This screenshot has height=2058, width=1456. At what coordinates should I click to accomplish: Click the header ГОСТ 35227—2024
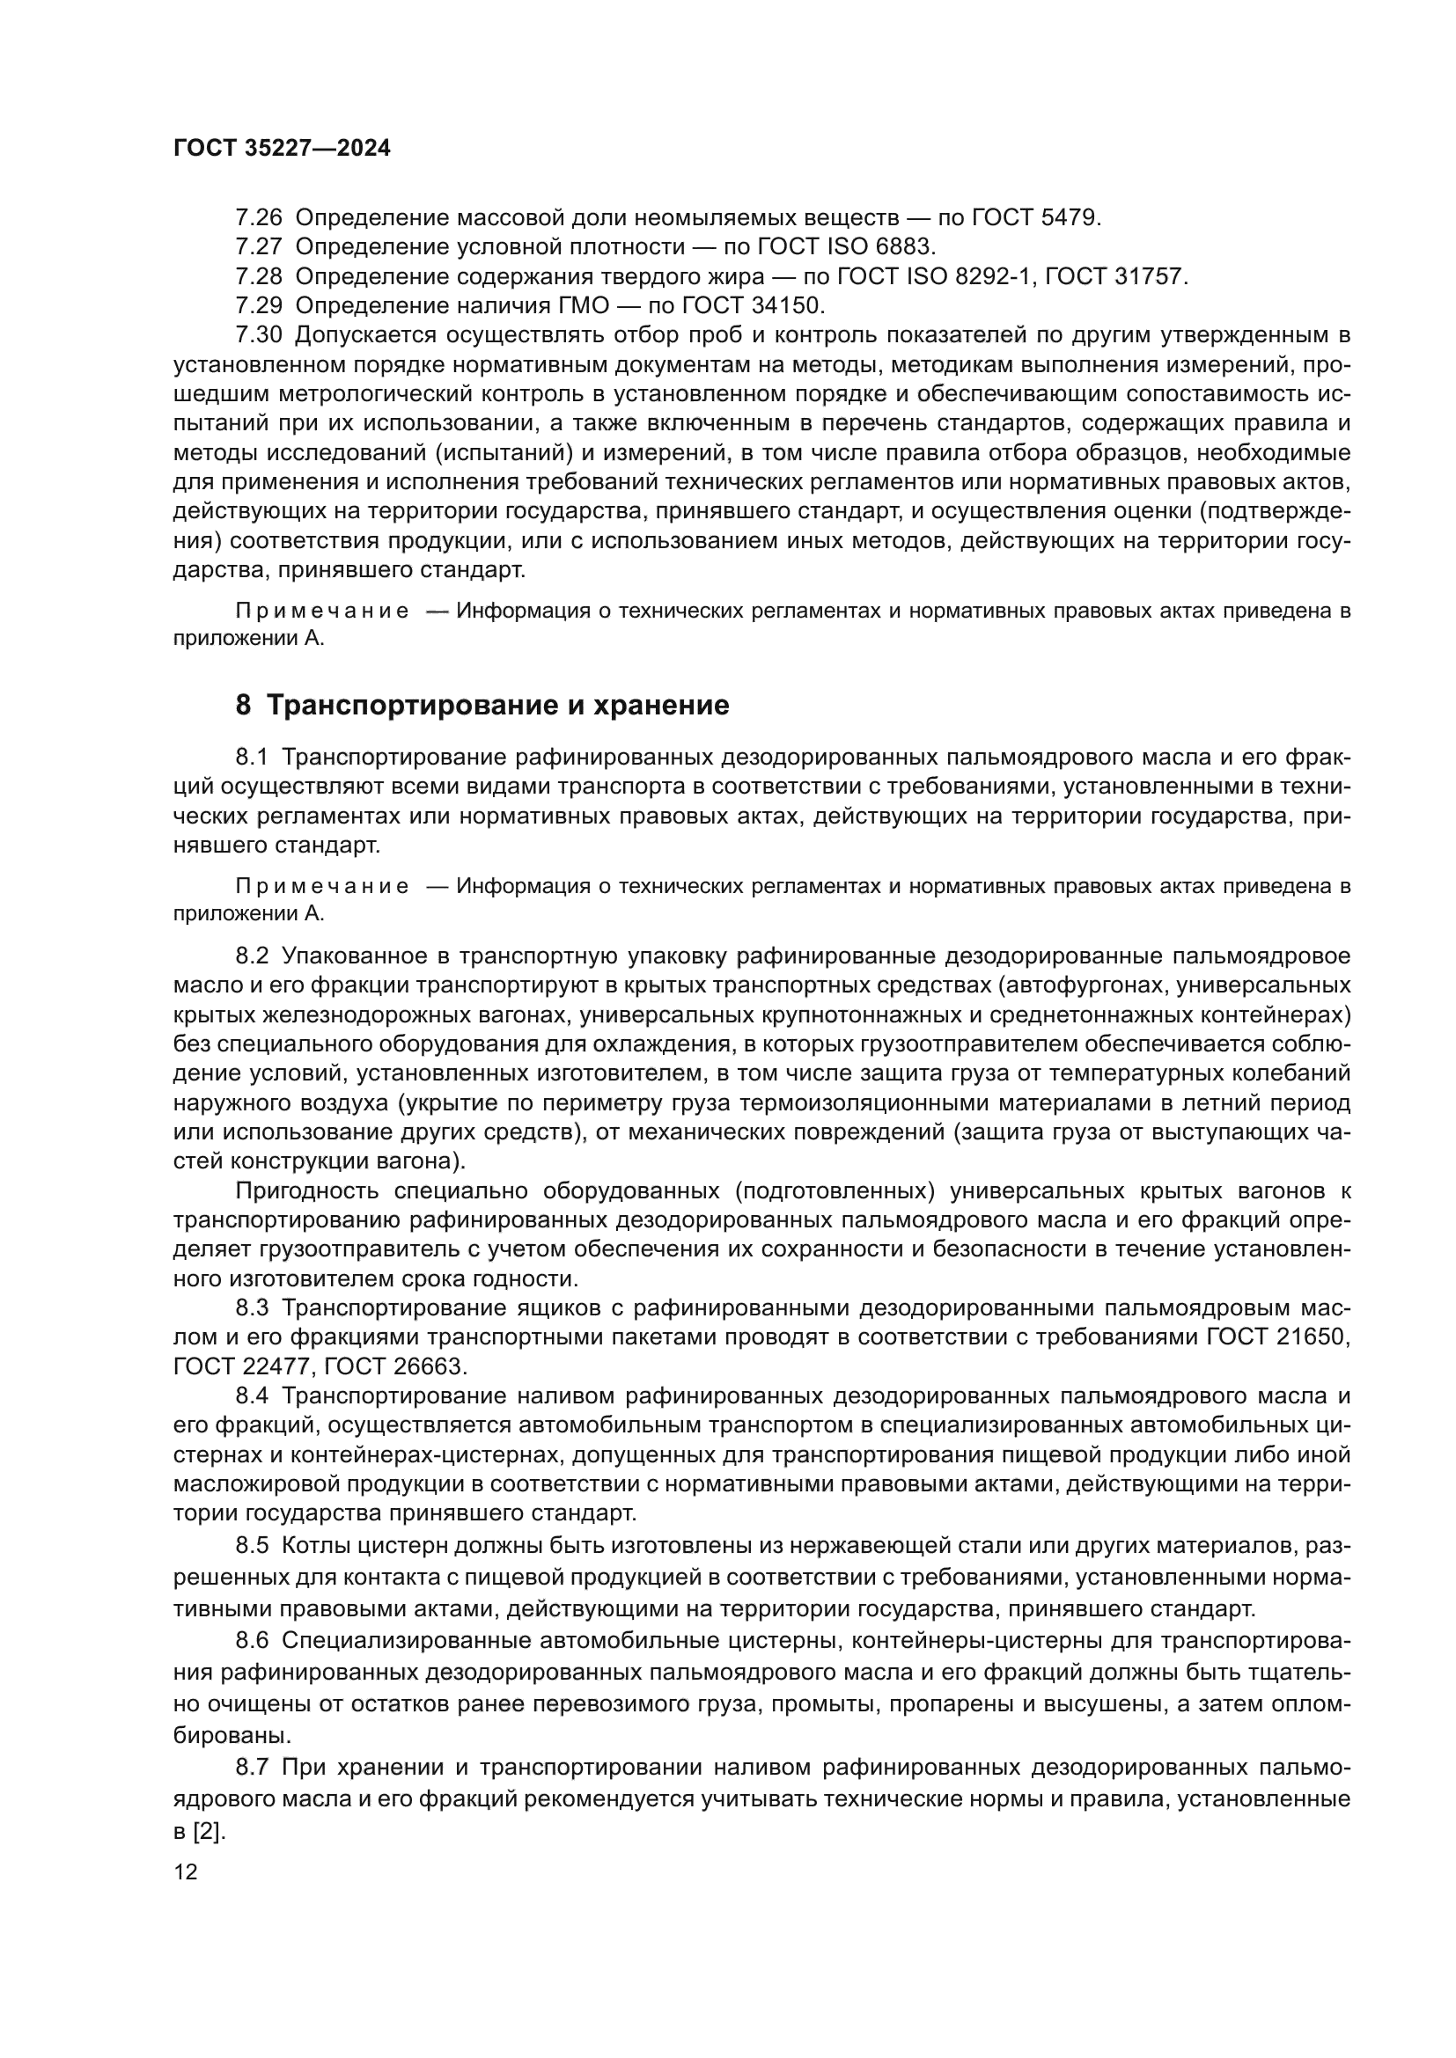coord(282,149)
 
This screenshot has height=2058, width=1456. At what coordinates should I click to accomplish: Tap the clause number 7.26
coord(258,218)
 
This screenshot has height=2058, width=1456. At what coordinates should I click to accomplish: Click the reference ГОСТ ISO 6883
coord(846,246)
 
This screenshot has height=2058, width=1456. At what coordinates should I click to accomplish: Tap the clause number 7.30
coord(258,335)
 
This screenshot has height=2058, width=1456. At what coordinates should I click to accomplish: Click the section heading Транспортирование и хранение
coord(497,706)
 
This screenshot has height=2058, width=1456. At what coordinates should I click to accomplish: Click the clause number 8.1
coord(252,758)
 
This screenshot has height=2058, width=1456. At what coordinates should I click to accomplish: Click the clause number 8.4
coord(252,1396)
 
